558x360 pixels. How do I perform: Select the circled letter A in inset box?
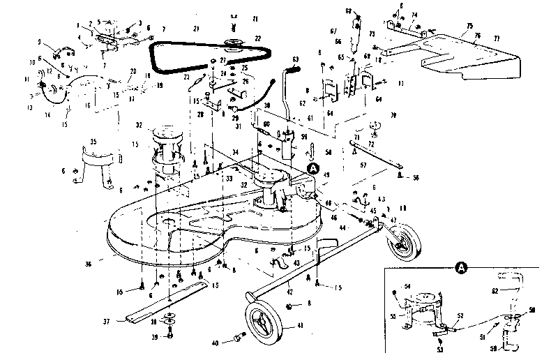[x=461, y=267]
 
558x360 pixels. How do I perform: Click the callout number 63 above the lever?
[x=296, y=59]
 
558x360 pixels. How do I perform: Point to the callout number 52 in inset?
[x=460, y=316]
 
